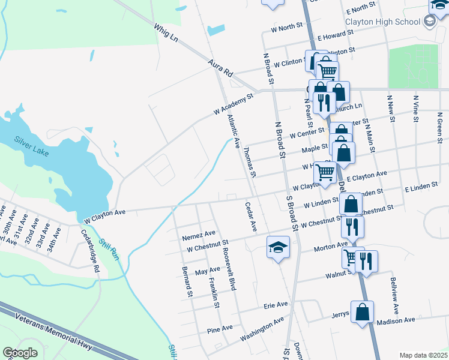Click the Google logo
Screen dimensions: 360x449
20,353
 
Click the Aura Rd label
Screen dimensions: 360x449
220,67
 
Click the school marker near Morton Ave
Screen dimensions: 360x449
278,248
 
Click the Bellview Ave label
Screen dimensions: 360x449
394,296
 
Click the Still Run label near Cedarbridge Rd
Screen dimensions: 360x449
109,250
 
